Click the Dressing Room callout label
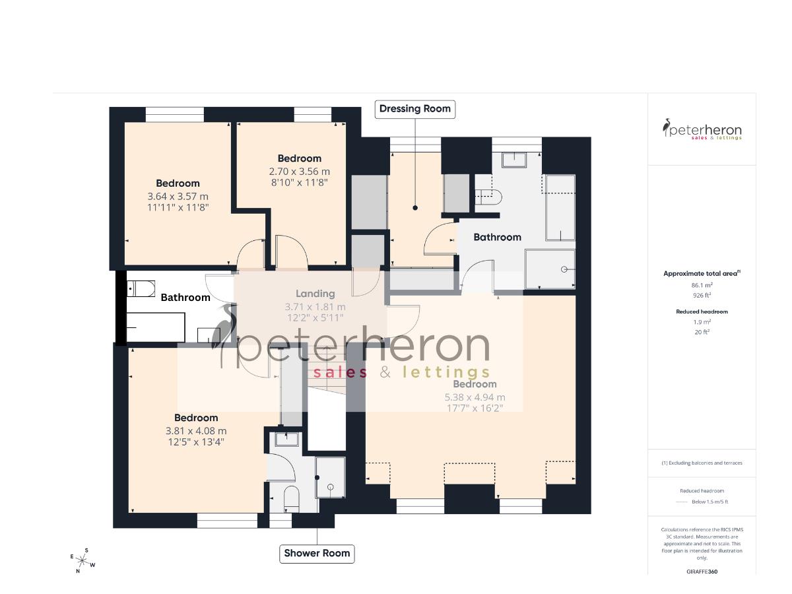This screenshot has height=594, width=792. [415, 109]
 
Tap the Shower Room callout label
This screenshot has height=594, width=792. [317, 553]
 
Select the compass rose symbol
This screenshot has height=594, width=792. [82, 561]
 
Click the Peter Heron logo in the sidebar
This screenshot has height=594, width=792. [702, 129]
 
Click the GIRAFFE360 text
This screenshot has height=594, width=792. [702, 571]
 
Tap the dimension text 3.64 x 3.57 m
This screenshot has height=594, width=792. [178, 196]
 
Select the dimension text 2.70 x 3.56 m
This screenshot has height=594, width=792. [299, 171]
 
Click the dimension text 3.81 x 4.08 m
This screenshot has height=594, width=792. [196, 431]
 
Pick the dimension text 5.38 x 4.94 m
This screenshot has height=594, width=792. [475, 397]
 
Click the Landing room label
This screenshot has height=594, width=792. [315, 294]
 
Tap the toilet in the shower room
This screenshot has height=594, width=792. [291, 498]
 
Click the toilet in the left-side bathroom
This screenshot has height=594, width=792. [140, 288]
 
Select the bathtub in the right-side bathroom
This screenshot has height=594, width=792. [559, 208]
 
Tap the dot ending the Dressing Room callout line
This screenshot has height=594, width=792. [416, 208]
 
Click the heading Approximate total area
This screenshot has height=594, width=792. [701, 273]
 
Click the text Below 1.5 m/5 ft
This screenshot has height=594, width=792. [709, 502]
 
